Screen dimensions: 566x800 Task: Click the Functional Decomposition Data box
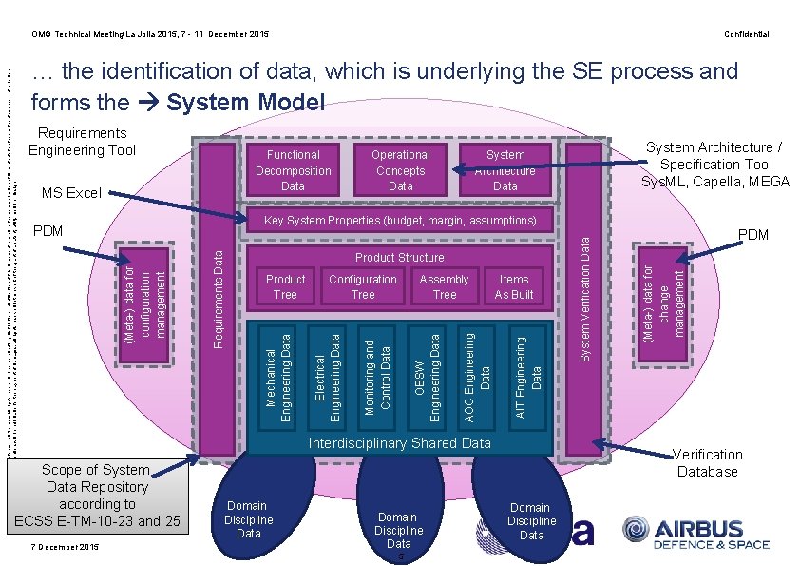293,170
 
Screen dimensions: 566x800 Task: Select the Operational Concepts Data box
400,170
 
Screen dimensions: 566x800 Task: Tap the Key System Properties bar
399,221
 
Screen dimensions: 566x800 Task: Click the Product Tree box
285,286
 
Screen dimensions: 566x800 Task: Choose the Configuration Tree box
362,286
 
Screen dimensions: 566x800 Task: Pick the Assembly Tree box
444,286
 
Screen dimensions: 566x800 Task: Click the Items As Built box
514,286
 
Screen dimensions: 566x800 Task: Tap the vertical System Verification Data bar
585,295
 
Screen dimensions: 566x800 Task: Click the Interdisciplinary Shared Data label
399,443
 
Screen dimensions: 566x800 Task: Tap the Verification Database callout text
708,462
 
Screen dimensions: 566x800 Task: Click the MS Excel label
70,193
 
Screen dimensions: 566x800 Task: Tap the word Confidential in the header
746,34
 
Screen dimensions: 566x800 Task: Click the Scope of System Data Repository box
95,495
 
